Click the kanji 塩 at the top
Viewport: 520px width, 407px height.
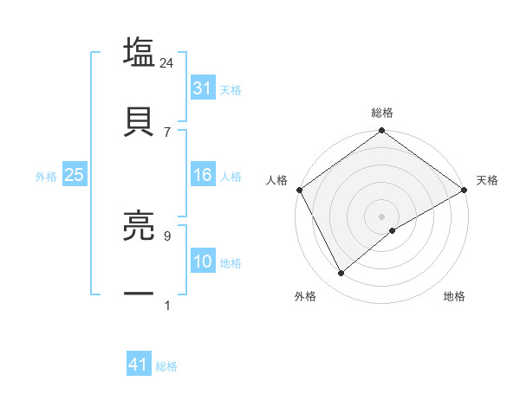(139, 53)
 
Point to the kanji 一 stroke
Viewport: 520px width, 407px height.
(139, 294)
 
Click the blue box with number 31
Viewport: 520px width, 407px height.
(202, 88)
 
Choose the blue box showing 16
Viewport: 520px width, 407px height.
(202, 175)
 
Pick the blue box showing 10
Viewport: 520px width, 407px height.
(202, 262)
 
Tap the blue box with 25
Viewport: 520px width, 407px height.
(74, 175)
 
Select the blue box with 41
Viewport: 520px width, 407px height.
(139, 365)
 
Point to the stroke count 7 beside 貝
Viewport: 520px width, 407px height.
(167, 132)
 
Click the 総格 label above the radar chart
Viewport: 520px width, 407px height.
(382, 113)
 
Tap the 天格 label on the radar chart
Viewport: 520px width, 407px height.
(488, 180)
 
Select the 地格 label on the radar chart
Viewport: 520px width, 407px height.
(454, 297)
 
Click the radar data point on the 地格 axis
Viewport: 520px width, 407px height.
(393, 230)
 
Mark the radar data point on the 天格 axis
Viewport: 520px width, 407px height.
(465, 190)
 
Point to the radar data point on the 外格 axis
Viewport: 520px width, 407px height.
(341, 273)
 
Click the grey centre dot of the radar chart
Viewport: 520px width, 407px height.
(382, 216)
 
